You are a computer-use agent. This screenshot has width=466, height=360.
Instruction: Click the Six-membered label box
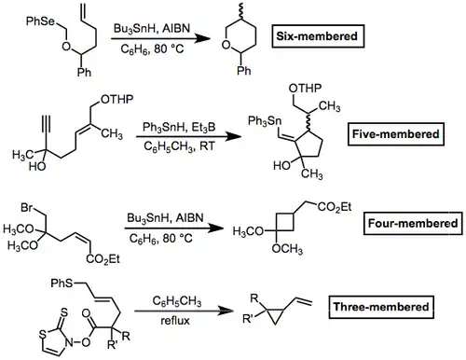pyautogui.click(x=318, y=36)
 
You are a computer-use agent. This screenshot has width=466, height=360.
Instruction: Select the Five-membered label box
pyautogui.click(x=396, y=134)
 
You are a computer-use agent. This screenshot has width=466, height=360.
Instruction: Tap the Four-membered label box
pyautogui.click(x=413, y=223)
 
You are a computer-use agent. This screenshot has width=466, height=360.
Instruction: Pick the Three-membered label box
pyautogui.click(x=381, y=307)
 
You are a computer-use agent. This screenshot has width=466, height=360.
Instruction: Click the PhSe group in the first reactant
pyautogui.click(x=41, y=21)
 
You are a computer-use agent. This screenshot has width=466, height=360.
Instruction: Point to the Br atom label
pyautogui.click(x=27, y=208)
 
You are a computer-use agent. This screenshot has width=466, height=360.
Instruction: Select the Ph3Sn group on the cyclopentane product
pyautogui.click(x=265, y=121)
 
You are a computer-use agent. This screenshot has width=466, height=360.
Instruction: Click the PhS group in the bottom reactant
pyautogui.click(x=62, y=284)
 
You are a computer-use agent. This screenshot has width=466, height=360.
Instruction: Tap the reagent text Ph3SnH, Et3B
pyautogui.click(x=179, y=128)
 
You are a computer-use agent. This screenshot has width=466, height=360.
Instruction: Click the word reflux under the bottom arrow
pyautogui.click(x=175, y=321)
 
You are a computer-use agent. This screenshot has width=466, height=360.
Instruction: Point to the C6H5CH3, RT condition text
pyautogui.click(x=179, y=146)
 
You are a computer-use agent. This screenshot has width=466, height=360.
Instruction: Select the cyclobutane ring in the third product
pyautogui.click(x=284, y=222)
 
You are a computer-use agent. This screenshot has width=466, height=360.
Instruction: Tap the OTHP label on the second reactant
pyautogui.click(x=117, y=100)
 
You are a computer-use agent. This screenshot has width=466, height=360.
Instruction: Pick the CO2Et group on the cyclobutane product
pyautogui.click(x=335, y=207)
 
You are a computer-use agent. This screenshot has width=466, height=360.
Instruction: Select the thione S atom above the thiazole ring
pyautogui.click(x=63, y=312)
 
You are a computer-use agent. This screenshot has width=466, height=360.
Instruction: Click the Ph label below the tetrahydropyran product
pyautogui.click(x=243, y=71)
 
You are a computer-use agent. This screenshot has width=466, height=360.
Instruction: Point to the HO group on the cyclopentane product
pyautogui.click(x=281, y=165)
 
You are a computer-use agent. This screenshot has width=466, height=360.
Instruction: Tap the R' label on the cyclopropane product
pyautogui.click(x=248, y=319)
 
